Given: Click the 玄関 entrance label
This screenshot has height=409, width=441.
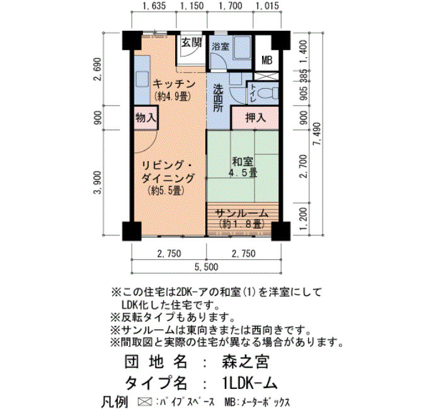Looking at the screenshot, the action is pos(192,43).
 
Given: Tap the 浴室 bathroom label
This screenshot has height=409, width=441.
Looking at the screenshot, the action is pos(220,47).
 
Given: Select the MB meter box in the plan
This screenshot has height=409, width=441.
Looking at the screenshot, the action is pos(266,60).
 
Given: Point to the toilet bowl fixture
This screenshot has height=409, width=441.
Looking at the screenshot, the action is pos(268,93).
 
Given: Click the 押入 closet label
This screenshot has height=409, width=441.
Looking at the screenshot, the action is pos(255,118).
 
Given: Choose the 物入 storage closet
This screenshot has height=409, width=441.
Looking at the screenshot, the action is pos(146,118).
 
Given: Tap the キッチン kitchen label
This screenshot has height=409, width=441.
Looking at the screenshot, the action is pos(175,84).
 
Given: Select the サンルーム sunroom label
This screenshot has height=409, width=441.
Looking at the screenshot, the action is pos(241,214).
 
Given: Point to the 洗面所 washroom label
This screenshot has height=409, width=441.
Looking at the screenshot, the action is pos(218,98).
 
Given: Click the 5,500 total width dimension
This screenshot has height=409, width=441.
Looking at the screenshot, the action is pos(207,267).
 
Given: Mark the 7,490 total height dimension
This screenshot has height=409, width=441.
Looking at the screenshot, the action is pos(318,134).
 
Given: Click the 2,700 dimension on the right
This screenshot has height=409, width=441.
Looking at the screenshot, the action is pos(304,166).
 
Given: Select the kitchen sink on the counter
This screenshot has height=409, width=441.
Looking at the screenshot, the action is pos(142,79).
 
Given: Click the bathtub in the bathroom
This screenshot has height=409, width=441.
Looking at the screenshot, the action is pos(242,48).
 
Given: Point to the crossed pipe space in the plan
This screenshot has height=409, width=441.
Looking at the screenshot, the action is pos(265,76).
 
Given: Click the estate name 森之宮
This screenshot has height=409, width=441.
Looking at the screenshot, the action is pos(246,362).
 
